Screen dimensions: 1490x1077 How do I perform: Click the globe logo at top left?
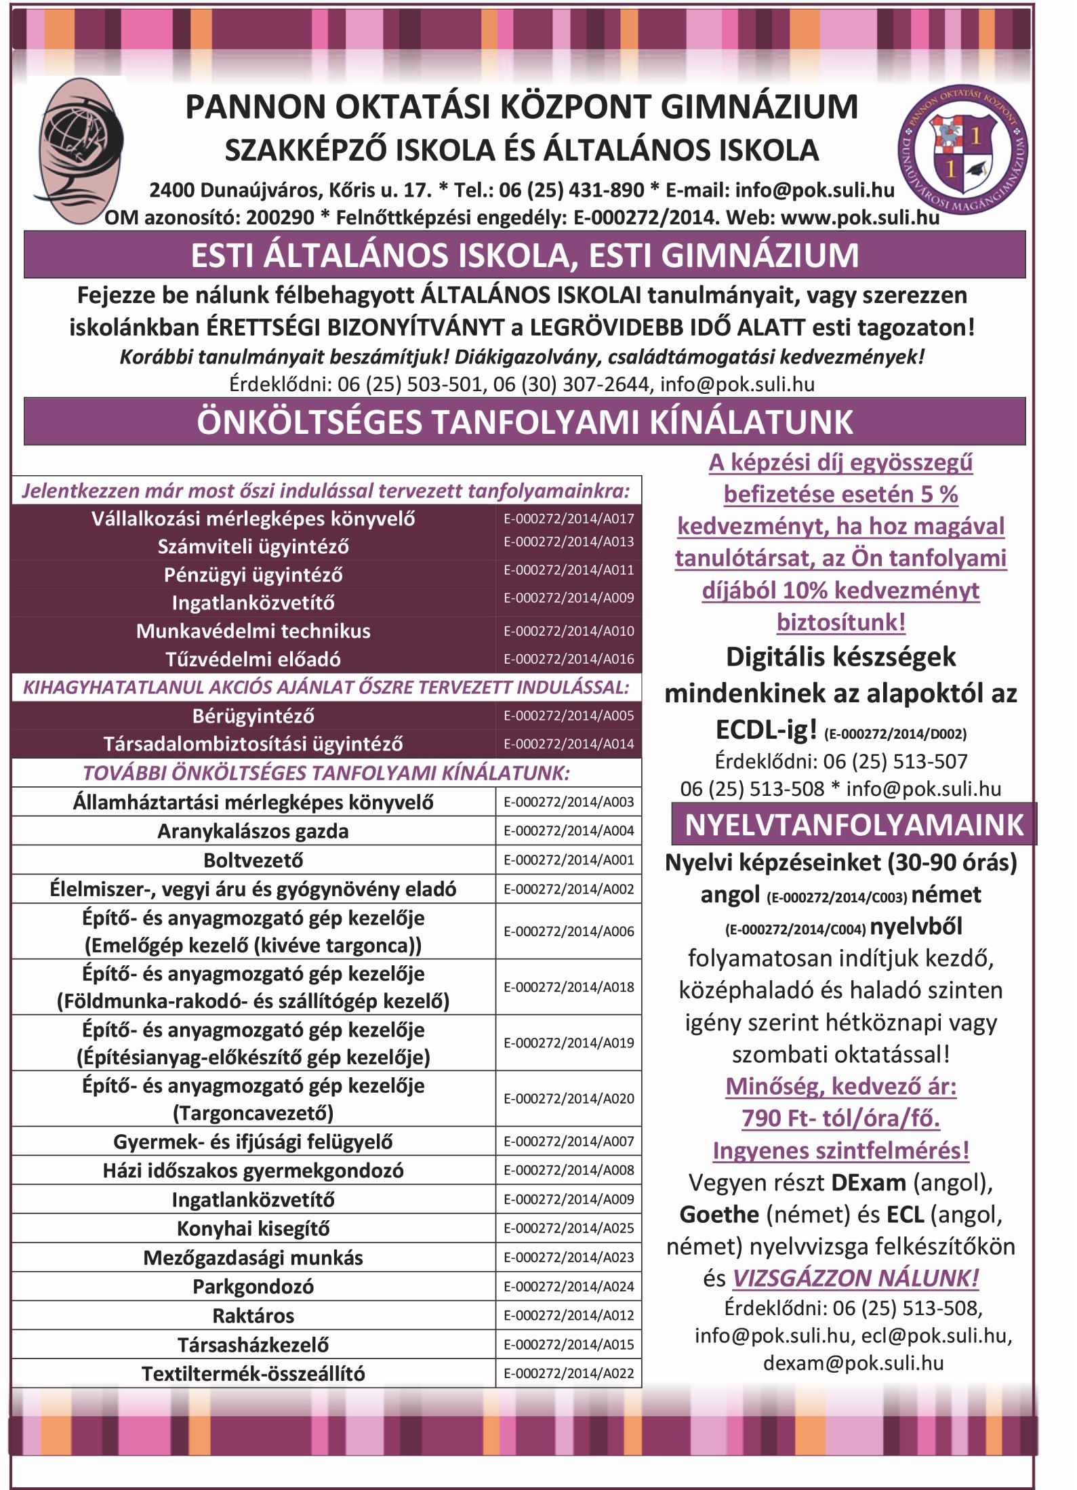click(x=80, y=150)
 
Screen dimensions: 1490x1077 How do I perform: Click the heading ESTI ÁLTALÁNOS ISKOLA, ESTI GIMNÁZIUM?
click(x=525, y=256)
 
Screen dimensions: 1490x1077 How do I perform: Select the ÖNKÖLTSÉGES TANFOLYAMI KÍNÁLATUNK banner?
click(x=525, y=422)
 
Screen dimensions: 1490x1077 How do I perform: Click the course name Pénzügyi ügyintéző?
click(x=253, y=575)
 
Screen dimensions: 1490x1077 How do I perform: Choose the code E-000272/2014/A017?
click(x=569, y=519)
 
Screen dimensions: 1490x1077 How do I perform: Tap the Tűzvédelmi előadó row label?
click(x=253, y=659)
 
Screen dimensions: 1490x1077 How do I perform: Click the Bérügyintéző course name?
click(x=253, y=716)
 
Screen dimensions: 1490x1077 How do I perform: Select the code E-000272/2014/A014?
click(x=569, y=744)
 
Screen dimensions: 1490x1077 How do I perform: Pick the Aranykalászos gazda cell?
click(x=253, y=831)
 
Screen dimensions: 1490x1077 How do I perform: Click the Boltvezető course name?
click(x=253, y=860)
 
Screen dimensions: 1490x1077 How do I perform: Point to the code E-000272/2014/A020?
click(x=569, y=1099)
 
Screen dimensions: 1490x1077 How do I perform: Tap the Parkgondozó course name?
click(x=253, y=1287)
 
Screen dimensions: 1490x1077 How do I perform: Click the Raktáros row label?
click(x=253, y=1316)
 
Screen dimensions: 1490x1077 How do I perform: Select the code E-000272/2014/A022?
click(x=569, y=1374)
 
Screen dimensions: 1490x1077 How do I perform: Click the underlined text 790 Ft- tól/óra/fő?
click(x=840, y=1118)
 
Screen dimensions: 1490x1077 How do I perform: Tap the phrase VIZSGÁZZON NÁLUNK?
click(x=855, y=1278)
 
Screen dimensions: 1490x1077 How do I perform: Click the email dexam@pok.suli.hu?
click(x=853, y=1363)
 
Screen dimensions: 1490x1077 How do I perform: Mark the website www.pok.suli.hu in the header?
click(x=860, y=218)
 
